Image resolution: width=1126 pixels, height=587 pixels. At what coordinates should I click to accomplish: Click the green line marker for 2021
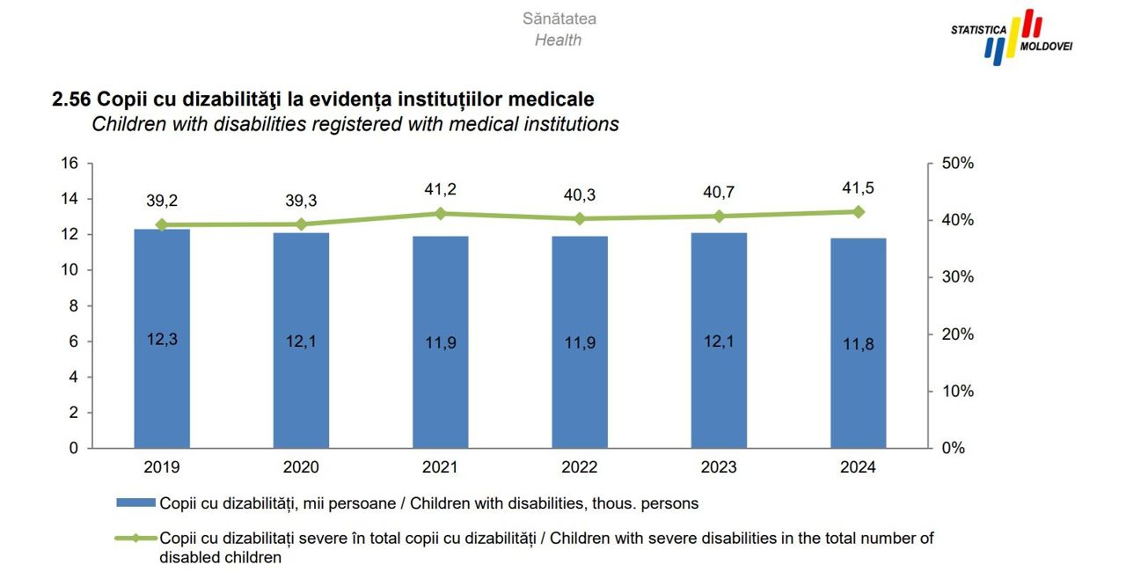tap(441, 214)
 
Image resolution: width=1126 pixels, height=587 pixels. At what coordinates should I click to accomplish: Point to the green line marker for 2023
tap(719, 216)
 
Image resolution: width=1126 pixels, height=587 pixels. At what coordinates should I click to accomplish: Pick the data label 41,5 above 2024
tap(858, 187)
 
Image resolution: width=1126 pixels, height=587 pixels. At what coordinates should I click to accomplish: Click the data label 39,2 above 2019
tap(162, 201)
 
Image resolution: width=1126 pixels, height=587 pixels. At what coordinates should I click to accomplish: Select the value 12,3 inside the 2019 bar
tap(162, 339)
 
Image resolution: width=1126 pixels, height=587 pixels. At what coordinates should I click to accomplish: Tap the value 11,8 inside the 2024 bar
tap(858, 343)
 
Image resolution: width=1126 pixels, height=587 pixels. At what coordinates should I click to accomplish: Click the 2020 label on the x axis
tap(301, 467)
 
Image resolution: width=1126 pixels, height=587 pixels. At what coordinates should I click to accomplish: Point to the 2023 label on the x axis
tap(719, 467)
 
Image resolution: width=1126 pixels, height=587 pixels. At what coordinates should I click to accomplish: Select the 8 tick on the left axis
tap(74, 306)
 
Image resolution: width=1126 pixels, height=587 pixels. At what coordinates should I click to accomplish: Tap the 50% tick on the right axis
tap(957, 164)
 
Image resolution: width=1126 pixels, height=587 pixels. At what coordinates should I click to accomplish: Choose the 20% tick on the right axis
tap(957, 334)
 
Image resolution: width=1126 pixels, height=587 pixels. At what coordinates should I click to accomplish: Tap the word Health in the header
tap(558, 40)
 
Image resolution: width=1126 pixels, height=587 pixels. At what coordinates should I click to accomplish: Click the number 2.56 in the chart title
tap(73, 99)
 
